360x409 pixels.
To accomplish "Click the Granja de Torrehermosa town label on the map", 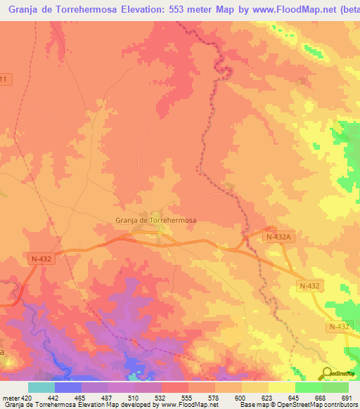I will (x=155, y=220).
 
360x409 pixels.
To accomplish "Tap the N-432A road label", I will (x=278, y=238).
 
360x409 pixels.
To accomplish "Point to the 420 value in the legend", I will (x=26, y=397).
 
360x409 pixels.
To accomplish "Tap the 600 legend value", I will (x=241, y=397).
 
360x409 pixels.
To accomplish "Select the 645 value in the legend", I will (x=295, y=397).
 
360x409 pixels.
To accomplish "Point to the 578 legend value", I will (x=214, y=397).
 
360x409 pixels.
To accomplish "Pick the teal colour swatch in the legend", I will (x=41, y=387).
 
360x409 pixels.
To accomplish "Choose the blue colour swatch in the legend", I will (x=67, y=387).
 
